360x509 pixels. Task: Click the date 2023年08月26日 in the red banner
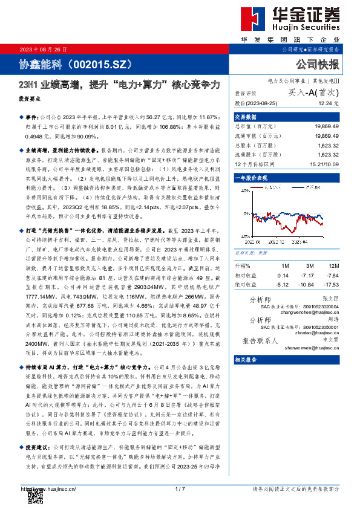(42, 49)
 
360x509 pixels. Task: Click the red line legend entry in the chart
(271, 188)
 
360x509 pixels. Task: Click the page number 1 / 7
(179, 488)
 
